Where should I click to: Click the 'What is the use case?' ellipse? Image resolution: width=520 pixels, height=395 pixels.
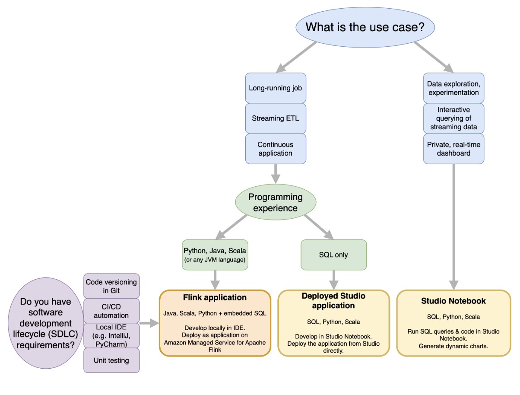[x=365, y=27]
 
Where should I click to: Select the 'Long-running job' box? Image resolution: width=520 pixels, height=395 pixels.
[x=275, y=88]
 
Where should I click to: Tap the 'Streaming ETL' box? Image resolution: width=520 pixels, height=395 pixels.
[x=275, y=118]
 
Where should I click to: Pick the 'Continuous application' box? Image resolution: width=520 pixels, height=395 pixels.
[x=275, y=149]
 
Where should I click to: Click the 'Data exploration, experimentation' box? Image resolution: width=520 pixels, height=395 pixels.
[x=453, y=88]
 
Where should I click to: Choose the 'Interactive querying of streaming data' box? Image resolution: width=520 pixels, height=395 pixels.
[x=453, y=118]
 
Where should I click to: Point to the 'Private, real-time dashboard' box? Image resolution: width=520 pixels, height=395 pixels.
[x=453, y=149]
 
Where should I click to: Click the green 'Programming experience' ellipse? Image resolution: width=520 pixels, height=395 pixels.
[x=275, y=203]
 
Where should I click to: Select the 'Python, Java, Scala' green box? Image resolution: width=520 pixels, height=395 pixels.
[x=215, y=255]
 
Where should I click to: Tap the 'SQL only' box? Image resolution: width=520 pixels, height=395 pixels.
[x=333, y=255]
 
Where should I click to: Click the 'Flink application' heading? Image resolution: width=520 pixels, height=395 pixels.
[x=215, y=297]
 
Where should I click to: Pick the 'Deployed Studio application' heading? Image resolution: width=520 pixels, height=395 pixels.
[x=333, y=301]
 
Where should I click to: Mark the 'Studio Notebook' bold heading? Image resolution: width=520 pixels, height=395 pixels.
[x=453, y=301]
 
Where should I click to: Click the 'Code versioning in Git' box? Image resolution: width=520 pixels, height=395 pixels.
[x=111, y=286]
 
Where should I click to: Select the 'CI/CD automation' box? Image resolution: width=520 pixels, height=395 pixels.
[x=111, y=310]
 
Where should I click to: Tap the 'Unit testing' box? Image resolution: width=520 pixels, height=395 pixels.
[x=111, y=360]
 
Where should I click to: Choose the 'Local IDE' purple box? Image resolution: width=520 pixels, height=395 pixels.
[x=111, y=335]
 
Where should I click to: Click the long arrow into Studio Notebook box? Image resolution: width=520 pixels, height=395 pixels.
[x=453, y=225]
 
